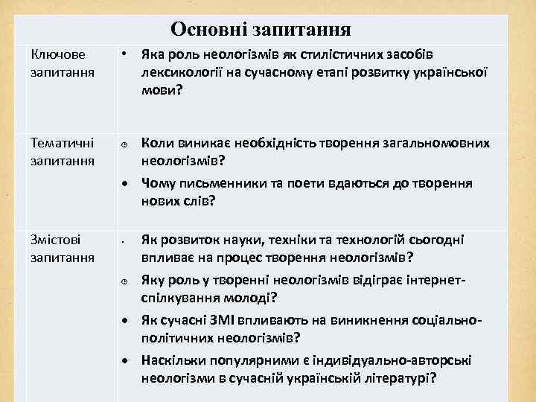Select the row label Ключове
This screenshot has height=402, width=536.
(58, 55)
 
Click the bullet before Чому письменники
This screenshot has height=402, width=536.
(126, 183)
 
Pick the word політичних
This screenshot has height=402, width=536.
(179, 338)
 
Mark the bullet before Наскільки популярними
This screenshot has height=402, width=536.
(126, 361)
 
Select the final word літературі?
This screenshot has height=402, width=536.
(403, 378)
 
